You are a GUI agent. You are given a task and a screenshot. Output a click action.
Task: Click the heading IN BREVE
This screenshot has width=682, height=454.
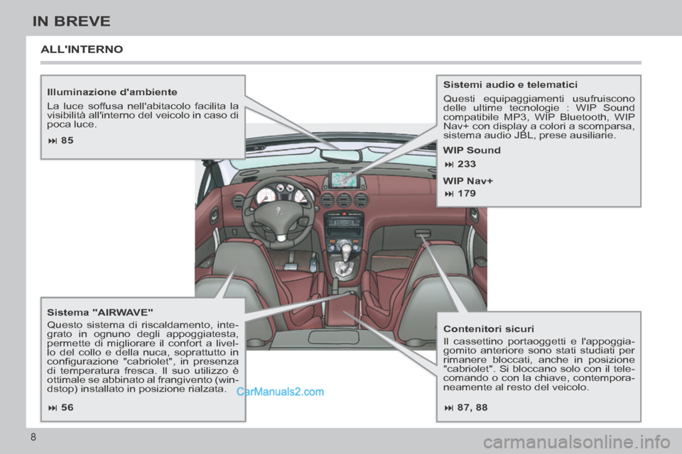click(x=71, y=21)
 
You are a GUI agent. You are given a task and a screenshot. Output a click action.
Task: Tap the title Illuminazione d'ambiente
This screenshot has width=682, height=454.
click(x=112, y=92)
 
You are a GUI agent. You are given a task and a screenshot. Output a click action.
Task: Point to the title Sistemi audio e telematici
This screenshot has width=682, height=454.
click(x=510, y=84)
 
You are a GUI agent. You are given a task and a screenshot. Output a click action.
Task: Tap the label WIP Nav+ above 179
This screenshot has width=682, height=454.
click(x=467, y=181)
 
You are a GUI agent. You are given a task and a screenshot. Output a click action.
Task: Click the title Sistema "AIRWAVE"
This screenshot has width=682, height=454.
click(x=100, y=312)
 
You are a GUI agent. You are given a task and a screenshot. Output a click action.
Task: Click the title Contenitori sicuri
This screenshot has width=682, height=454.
click(x=488, y=329)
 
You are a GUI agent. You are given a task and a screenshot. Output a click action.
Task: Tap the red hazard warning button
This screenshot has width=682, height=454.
click(x=345, y=212)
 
